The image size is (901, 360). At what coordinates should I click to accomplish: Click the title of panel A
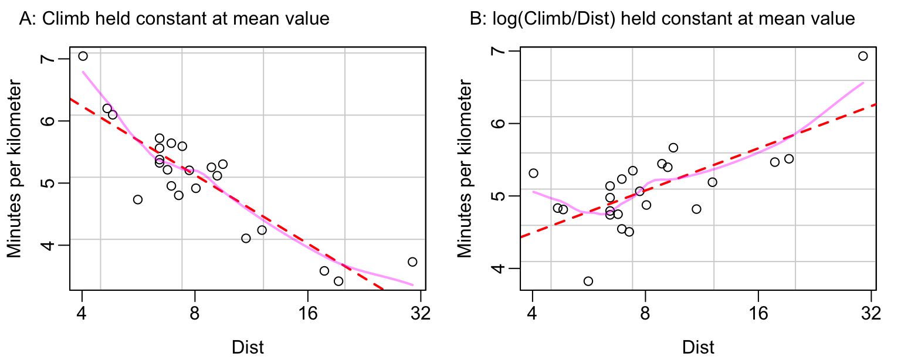[x=174, y=19]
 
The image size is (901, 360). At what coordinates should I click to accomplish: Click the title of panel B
[x=663, y=19]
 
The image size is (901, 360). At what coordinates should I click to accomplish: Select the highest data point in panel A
[x=83, y=56]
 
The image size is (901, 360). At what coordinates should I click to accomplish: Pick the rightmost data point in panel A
[x=412, y=262]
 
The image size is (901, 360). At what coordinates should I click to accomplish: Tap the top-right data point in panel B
[x=863, y=56]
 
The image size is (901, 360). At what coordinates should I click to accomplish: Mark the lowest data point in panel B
[x=588, y=281]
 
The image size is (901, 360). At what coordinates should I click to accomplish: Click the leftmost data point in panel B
[x=533, y=173]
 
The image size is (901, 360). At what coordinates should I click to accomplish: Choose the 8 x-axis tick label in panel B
[x=645, y=313]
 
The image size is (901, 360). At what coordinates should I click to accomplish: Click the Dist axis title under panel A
[x=248, y=346]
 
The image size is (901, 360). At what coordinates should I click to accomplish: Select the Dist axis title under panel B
[x=698, y=346]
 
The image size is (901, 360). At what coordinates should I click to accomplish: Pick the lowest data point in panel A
[x=338, y=281]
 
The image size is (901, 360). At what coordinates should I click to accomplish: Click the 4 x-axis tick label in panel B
[x=532, y=313]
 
